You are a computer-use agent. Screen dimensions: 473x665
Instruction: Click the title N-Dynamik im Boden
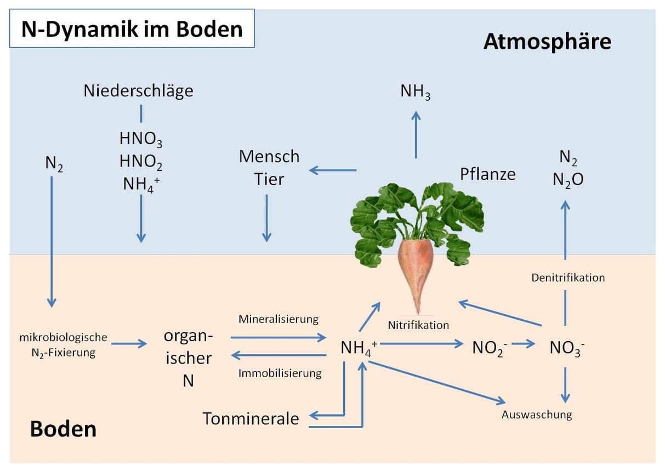132,28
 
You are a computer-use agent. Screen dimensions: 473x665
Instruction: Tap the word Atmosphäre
547,42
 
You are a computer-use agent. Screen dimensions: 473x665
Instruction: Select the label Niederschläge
138,90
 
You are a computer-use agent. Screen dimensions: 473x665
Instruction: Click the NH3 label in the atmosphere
415,92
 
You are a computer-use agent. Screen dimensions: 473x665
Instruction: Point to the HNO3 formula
140,139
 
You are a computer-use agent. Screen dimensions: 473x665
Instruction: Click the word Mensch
269,157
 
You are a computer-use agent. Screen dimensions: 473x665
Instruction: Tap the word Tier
269,180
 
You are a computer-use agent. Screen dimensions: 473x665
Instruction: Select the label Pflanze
487,174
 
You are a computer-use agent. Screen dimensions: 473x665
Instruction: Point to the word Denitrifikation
568,278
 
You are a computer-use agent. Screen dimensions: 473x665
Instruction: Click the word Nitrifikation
418,325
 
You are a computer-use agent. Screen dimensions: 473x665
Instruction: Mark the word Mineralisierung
278,319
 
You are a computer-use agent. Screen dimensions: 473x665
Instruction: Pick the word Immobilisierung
280,374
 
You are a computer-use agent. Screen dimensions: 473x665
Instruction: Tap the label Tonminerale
251,419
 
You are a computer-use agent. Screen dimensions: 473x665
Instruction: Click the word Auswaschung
537,414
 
